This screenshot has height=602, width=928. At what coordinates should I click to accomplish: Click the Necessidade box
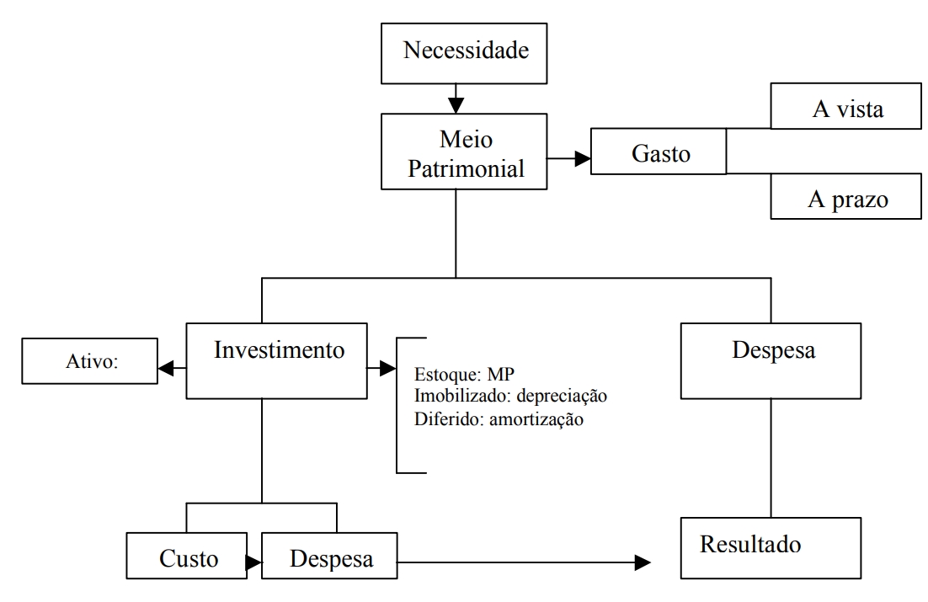[467, 51]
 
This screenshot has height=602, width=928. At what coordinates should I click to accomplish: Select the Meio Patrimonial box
[467, 152]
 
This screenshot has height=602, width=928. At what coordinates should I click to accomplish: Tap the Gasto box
[659, 152]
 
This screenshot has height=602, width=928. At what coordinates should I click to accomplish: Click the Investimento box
[276, 360]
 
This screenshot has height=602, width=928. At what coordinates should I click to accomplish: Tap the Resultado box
[771, 546]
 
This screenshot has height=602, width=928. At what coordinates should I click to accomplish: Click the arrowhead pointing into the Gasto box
[583, 157]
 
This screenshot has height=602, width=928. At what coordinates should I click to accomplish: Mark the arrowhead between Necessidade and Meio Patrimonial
[456, 105]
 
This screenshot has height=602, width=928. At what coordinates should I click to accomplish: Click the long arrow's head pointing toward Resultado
[643, 562]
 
